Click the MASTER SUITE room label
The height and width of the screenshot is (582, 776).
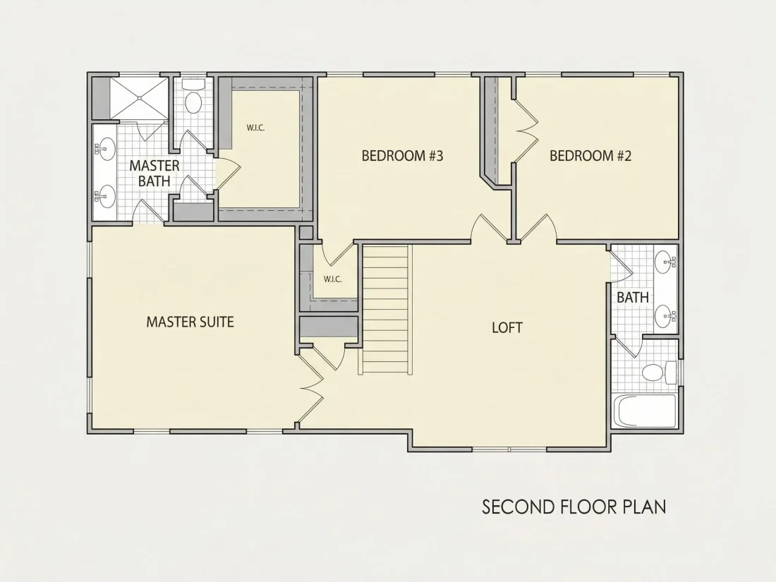[x=190, y=322]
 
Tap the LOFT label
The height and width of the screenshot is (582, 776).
[x=507, y=327]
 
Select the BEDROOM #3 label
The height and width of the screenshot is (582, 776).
[x=402, y=156]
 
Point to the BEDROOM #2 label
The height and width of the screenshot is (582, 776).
[x=590, y=156]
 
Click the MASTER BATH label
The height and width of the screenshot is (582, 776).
[x=154, y=174]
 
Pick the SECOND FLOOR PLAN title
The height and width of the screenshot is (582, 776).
[x=574, y=507]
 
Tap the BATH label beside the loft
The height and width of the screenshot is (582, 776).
[x=633, y=298]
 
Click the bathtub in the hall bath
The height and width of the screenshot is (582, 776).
[x=645, y=411]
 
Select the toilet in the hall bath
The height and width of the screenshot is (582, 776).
[x=659, y=372]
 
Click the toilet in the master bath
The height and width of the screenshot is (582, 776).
[x=193, y=97]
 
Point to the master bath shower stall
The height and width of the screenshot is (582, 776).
[x=139, y=98]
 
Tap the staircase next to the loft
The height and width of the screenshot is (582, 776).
[x=387, y=310]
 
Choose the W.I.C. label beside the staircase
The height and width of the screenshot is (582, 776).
[x=332, y=279]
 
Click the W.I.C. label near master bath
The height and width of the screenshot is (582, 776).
[x=256, y=128]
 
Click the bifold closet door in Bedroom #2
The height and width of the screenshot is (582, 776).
[x=526, y=131]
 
